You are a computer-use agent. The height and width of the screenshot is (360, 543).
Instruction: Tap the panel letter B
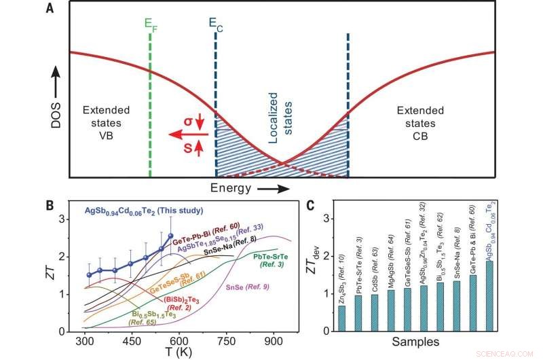point(50,204)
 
